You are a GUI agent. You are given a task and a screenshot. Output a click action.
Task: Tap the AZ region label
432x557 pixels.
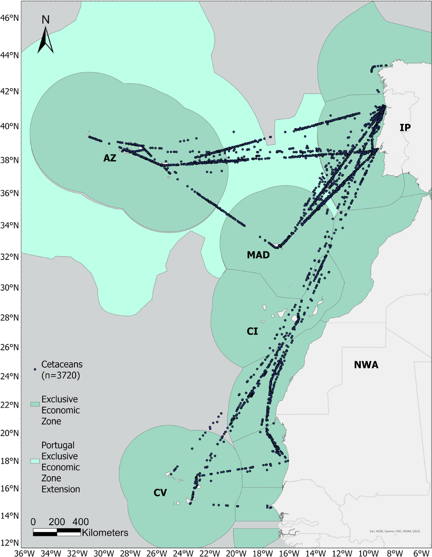[110, 158]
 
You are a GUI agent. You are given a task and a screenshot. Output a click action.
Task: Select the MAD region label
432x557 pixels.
[258, 255]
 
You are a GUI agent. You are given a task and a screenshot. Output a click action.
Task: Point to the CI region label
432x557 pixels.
[252, 331]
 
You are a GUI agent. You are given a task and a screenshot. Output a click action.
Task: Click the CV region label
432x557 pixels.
[160, 493]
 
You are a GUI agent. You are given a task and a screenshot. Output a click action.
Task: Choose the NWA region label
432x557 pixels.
[366, 365]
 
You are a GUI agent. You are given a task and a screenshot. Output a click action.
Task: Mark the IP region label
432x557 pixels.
[405, 127]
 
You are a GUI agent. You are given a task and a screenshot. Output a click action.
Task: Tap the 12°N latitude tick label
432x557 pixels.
[10, 542]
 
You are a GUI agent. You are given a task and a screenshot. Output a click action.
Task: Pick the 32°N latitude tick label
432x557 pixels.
[10, 257]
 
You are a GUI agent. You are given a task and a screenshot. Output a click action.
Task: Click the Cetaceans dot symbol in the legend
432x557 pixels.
[35, 369]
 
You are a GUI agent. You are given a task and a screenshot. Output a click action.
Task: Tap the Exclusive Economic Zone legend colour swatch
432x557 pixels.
[35, 404]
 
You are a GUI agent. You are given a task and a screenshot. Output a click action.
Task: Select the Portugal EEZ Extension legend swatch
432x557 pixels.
[35, 461]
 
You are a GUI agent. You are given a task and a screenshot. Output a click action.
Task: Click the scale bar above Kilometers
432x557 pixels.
[57, 532]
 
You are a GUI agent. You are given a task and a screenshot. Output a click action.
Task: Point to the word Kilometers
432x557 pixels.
[105, 533]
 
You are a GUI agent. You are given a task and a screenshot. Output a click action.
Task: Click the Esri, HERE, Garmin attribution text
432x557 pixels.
[395, 531]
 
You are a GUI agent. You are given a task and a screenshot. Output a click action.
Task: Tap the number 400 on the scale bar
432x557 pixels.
[81, 522]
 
